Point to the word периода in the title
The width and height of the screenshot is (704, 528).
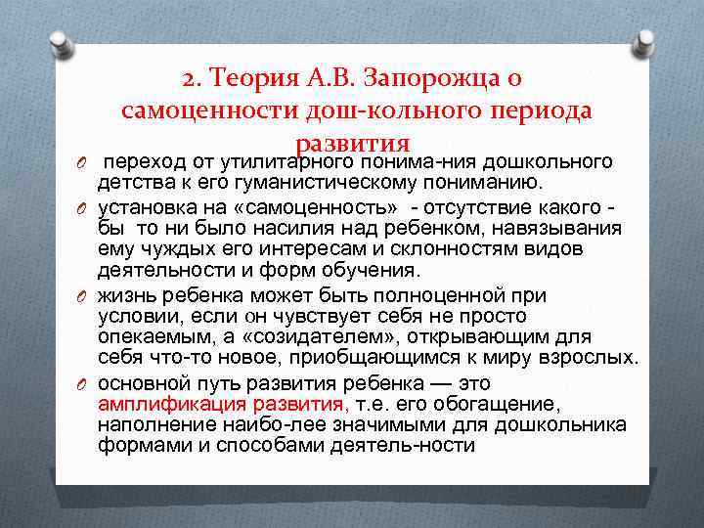(x=540, y=110)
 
